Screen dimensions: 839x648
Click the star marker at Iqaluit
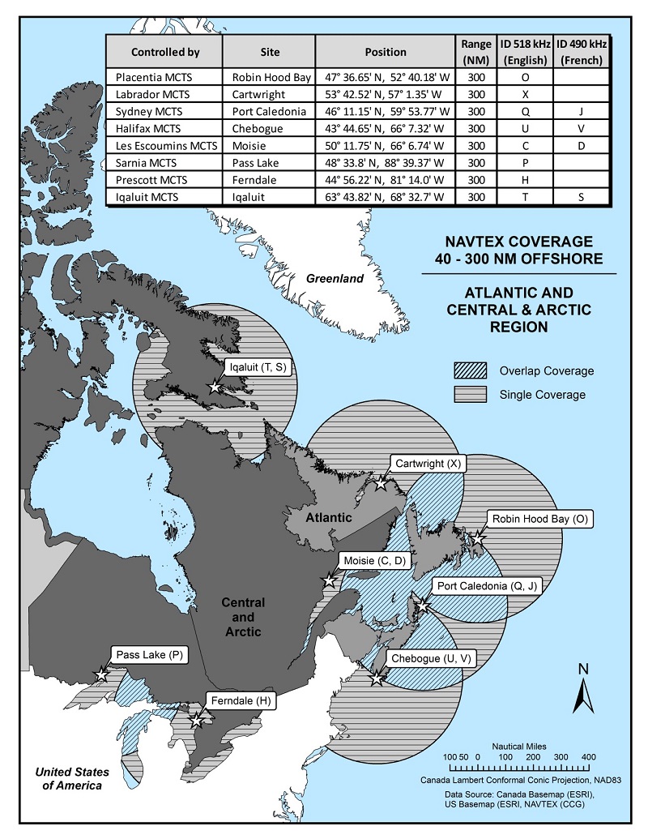tap(215, 387)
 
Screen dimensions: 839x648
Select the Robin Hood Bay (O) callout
tap(539, 519)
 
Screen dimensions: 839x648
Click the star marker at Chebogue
tap(377, 678)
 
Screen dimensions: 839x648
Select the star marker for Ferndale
tap(196, 719)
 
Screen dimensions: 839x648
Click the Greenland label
tap(334, 279)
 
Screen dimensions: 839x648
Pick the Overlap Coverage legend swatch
tap(471, 371)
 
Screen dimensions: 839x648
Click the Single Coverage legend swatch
tap(471, 395)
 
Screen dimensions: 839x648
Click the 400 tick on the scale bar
tap(588, 756)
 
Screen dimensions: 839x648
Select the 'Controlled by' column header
tap(165, 52)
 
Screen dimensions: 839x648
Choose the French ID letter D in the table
tap(582, 146)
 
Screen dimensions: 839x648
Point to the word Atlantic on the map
tap(329, 517)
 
